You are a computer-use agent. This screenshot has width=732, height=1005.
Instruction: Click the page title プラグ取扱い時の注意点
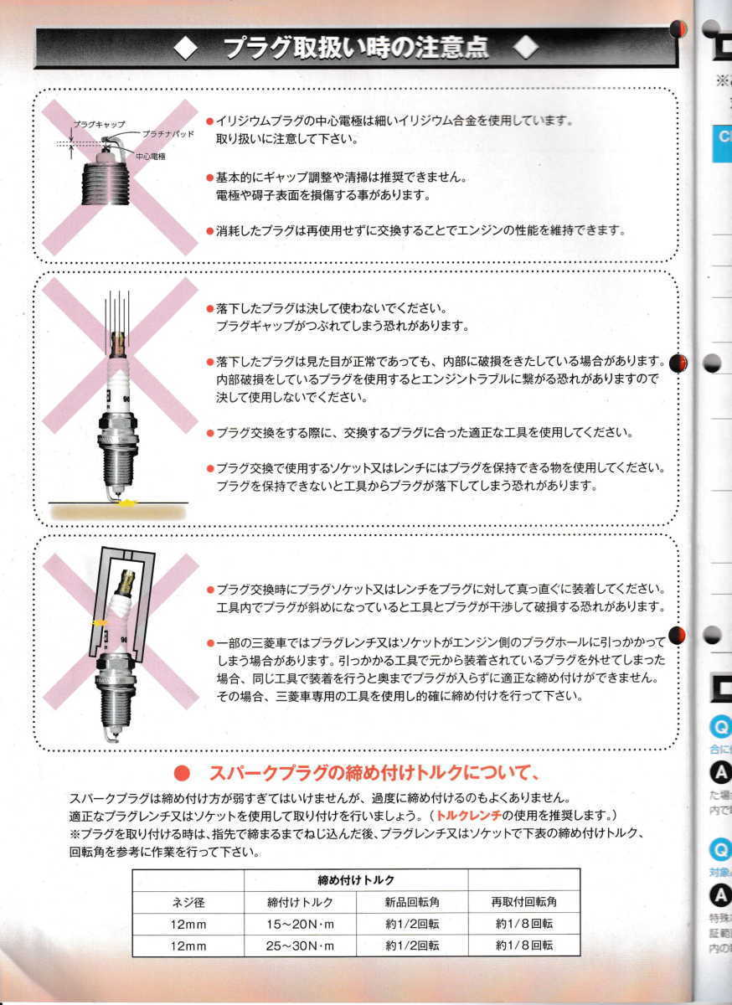(x=355, y=49)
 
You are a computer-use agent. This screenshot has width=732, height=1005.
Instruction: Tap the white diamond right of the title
(x=525, y=49)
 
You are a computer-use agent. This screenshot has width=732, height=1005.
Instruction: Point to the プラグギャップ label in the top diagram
(x=95, y=124)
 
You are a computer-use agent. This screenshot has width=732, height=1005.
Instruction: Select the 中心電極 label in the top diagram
(x=150, y=156)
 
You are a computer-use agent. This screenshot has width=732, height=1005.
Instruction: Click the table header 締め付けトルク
(x=355, y=879)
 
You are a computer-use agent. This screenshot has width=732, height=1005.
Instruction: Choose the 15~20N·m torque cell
(x=300, y=923)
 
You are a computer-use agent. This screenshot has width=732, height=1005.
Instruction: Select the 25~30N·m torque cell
(x=300, y=945)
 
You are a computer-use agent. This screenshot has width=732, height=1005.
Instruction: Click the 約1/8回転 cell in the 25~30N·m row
(x=523, y=945)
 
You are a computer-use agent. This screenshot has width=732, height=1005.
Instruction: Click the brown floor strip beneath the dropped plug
(x=117, y=510)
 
